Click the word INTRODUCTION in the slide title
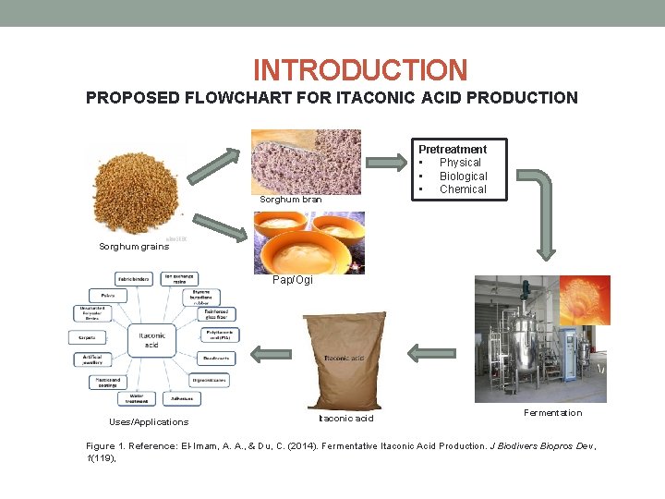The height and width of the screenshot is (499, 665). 360,70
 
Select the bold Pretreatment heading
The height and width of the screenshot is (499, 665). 453,149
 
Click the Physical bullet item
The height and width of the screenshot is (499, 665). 460,163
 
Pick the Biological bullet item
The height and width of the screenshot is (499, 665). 463,176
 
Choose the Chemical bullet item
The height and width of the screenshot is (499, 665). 463,189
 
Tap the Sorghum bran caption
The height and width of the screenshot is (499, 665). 291,200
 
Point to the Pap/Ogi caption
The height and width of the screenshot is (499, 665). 293,280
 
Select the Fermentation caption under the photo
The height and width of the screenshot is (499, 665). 552,412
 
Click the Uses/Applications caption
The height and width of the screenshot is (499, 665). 149,421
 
